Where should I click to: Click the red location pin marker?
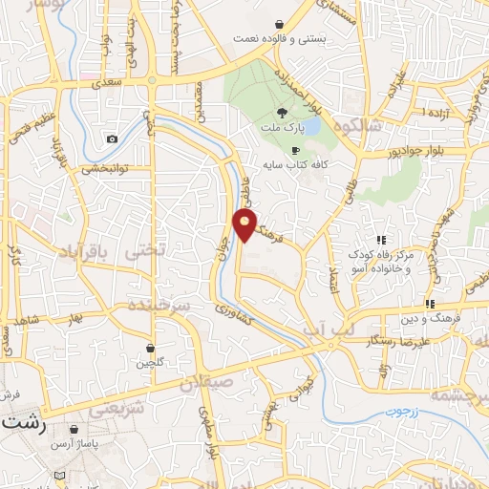[244, 225]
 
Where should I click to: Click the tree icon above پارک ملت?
[280, 112]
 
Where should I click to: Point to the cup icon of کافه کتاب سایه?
[295, 150]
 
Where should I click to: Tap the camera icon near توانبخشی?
[113, 139]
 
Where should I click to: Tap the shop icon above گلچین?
[150, 348]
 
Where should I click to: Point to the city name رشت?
[20, 421]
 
